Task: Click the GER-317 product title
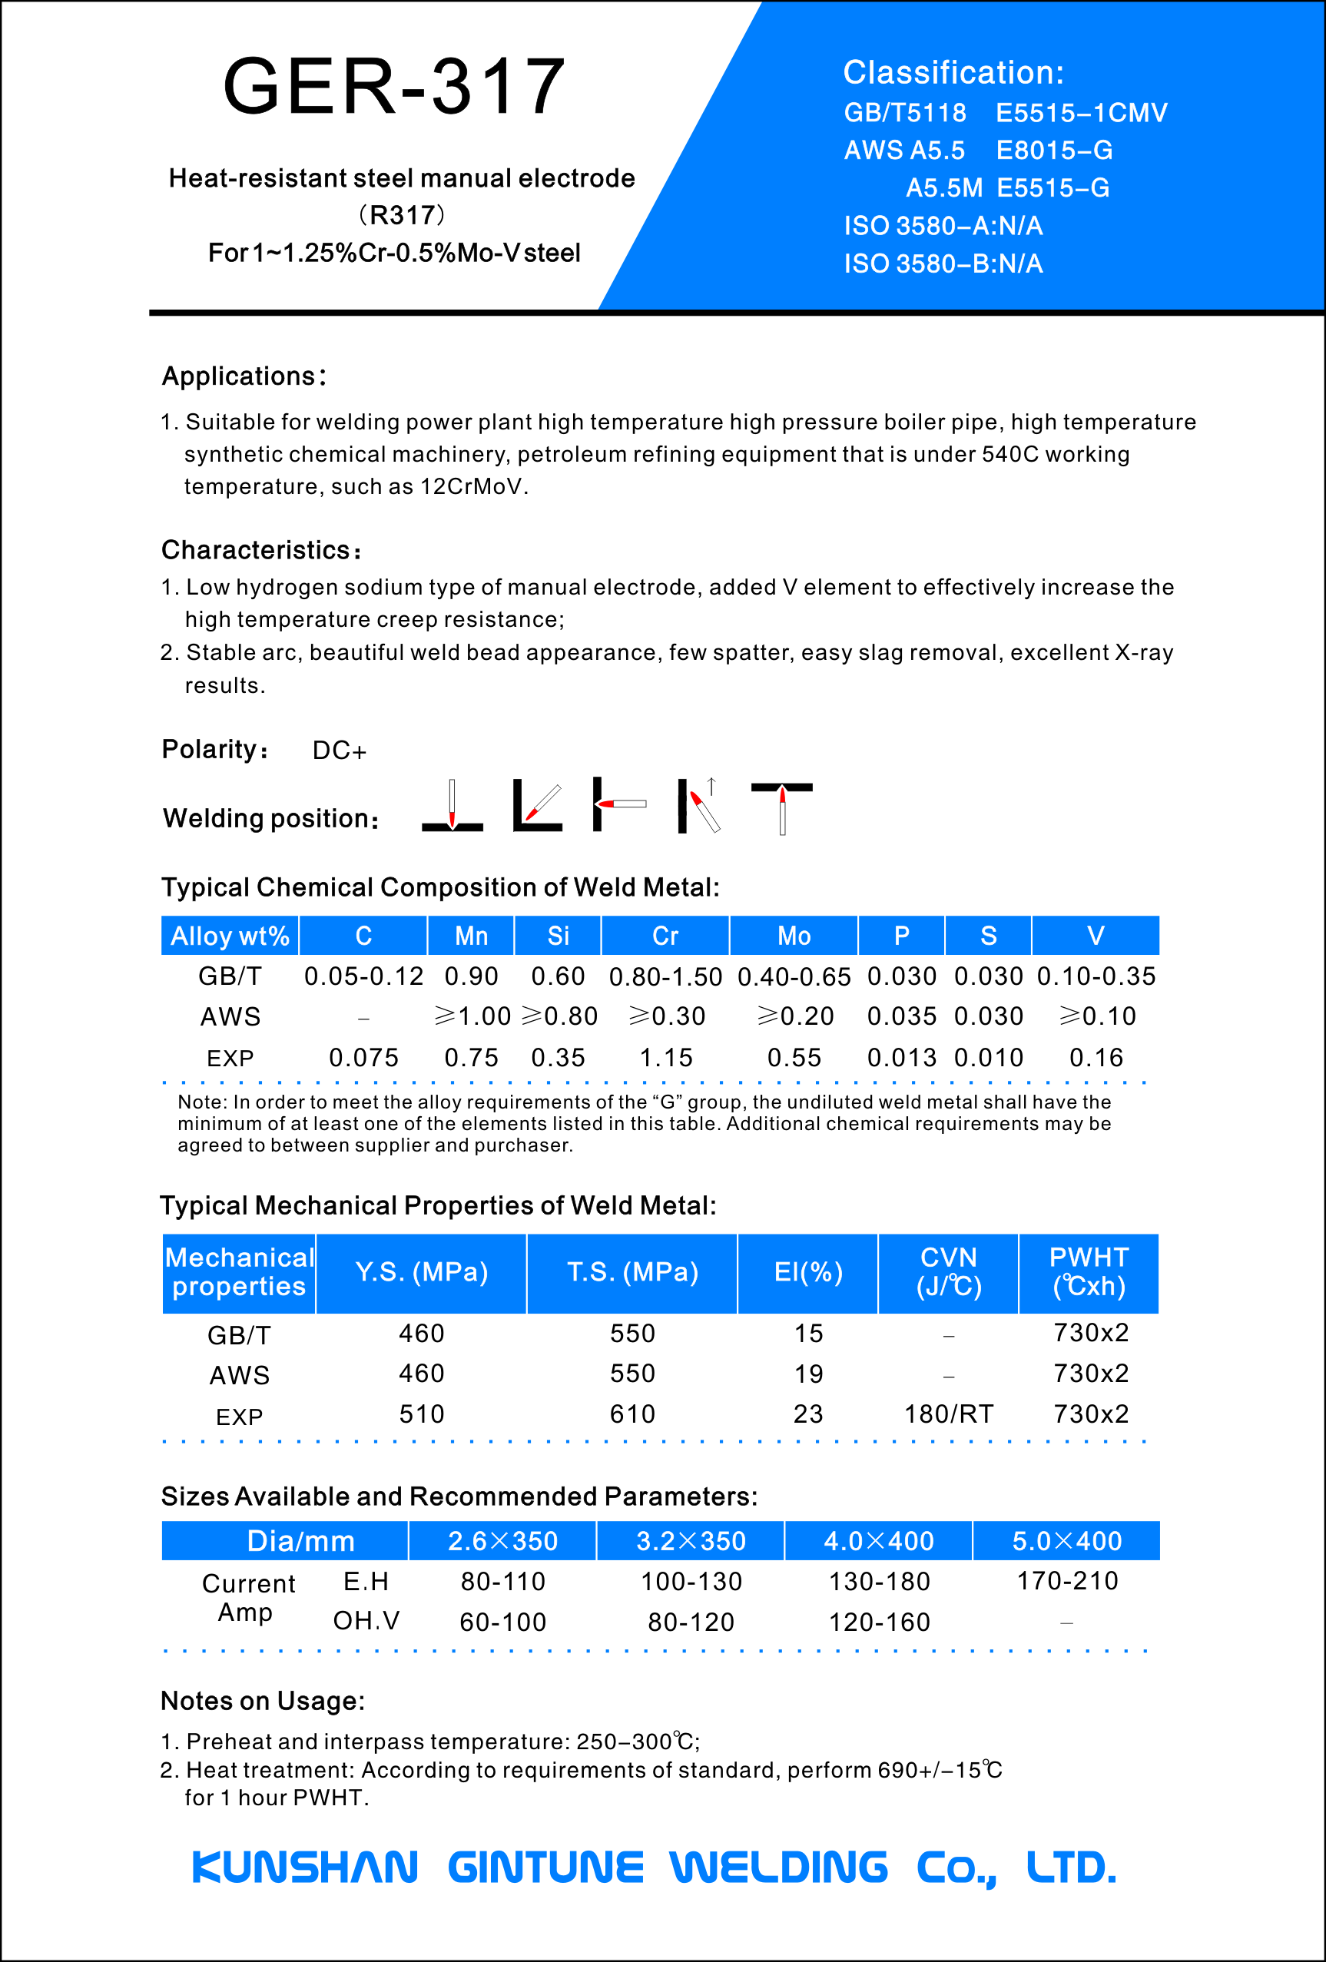point(394,86)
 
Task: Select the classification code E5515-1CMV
point(1081,113)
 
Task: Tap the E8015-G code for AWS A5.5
point(1054,151)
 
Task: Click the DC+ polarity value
point(340,751)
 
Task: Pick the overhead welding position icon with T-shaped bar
point(781,807)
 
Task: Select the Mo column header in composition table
point(794,936)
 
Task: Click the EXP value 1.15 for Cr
point(666,1058)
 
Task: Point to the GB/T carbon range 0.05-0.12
point(364,977)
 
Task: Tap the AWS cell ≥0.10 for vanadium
point(1097,1016)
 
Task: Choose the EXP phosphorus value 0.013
point(901,1058)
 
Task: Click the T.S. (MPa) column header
point(632,1272)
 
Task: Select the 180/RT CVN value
point(949,1414)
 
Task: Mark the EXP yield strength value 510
point(421,1414)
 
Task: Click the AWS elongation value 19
point(807,1374)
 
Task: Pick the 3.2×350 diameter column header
point(691,1541)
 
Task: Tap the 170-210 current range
point(1068,1581)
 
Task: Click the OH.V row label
point(366,1621)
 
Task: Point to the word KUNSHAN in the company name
point(306,1867)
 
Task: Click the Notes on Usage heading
point(263,1701)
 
